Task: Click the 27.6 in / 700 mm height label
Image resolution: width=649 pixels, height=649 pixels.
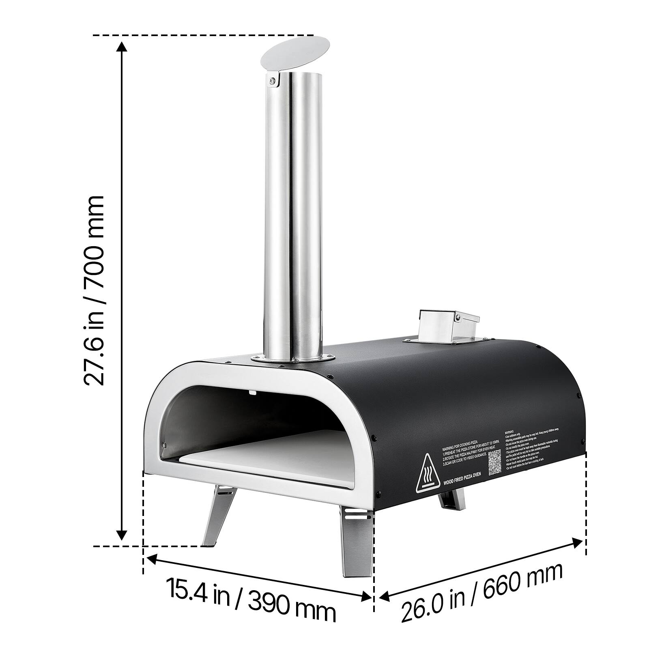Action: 94,290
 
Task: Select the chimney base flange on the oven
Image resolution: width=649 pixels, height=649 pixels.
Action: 293,359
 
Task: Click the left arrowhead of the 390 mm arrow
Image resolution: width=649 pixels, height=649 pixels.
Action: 151,560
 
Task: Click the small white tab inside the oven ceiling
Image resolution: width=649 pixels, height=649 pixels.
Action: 252,392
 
